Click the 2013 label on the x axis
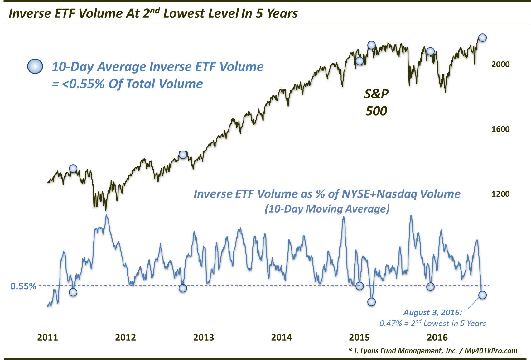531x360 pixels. click(x=204, y=337)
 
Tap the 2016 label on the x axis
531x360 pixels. click(x=437, y=337)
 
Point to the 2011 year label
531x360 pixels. click(x=48, y=337)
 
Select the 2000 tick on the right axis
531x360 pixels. click(x=500, y=64)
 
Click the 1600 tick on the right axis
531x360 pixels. click(x=500, y=129)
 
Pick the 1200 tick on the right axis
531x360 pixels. click(x=500, y=194)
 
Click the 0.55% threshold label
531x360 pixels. click(x=23, y=286)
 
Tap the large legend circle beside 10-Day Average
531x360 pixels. click(x=35, y=66)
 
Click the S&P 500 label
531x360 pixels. click(x=376, y=102)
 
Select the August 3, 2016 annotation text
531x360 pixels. click(x=432, y=312)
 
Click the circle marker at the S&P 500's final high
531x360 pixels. click(x=482, y=37)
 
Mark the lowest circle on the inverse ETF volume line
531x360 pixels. click(x=371, y=302)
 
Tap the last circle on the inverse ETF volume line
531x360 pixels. click(x=482, y=295)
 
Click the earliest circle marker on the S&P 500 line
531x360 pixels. click(x=73, y=169)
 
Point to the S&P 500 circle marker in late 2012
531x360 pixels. click(x=183, y=155)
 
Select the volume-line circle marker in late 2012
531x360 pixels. click(x=183, y=288)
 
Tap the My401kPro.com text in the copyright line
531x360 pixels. click(x=491, y=351)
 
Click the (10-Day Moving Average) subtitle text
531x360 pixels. click(x=327, y=209)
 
